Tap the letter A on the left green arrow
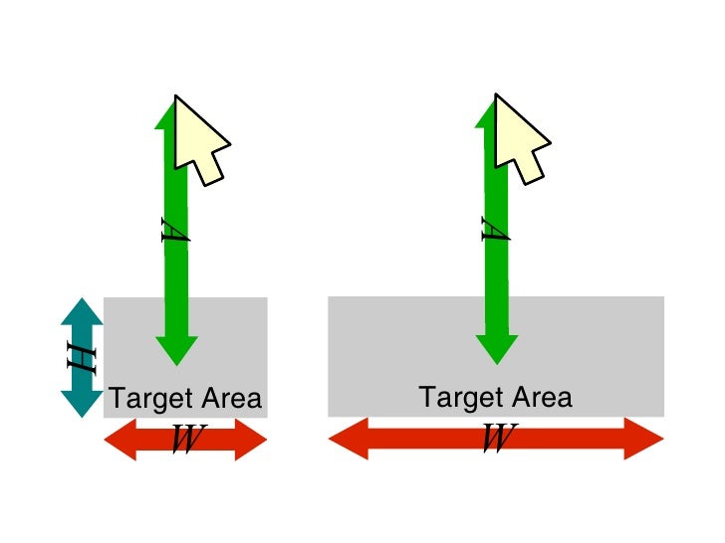[175, 231]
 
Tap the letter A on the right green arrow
[494, 231]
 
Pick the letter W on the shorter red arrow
[184, 439]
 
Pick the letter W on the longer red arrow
[497, 439]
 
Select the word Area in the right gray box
[541, 398]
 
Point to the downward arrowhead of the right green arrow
[496, 349]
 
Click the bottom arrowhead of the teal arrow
[82, 403]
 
